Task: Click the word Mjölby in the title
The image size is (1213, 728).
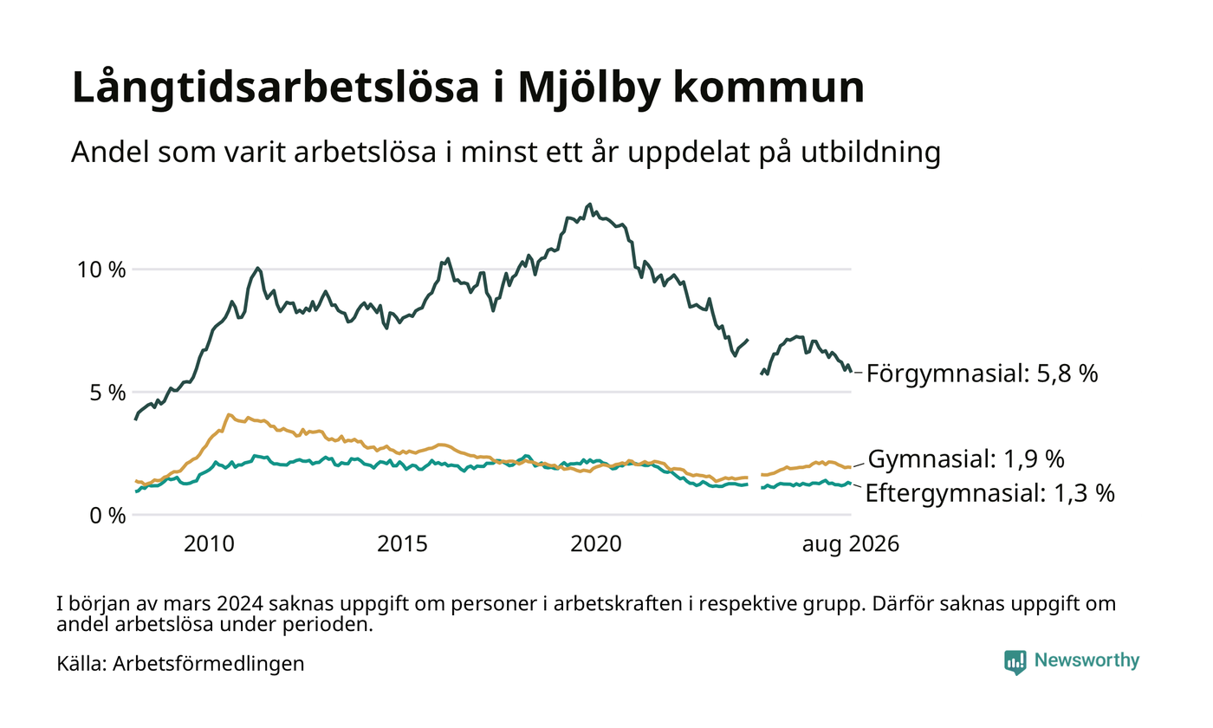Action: point(589,88)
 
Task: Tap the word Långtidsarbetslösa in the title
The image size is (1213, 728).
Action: point(276,88)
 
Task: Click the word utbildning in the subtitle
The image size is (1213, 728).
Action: point(871,153)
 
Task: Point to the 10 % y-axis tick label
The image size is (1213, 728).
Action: point(102,270)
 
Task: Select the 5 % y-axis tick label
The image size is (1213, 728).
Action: point(107,392)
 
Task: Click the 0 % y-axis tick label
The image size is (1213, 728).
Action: point(107,515)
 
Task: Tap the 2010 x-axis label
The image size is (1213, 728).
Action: point(209,544)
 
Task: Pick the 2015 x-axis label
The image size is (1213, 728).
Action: point(402,544)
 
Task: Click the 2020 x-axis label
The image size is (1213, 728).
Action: point(596,544)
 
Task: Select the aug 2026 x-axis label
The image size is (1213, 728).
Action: point(851,544)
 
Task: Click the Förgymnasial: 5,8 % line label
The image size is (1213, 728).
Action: point(983,374)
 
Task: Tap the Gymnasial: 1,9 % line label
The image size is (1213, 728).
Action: point(966,459)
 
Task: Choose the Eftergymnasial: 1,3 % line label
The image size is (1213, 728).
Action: point(989,493)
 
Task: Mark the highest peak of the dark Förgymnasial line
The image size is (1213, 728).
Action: point(590,205)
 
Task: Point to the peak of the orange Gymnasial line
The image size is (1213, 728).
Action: point(229,415)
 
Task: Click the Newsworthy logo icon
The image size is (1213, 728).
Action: point(1015,662)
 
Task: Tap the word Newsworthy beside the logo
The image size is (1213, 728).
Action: point(1087,660)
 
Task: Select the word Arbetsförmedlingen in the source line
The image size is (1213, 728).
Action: point(209,664)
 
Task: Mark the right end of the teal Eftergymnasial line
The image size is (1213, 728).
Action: point(851,483)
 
